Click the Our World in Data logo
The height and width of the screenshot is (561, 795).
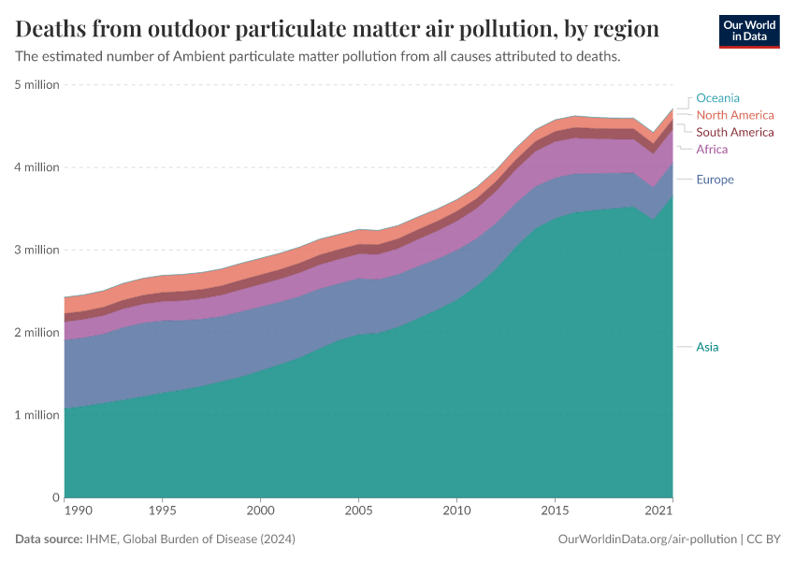[748, 31]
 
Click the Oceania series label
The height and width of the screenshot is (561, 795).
[717, 98]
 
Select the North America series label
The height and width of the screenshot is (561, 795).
[734, 115]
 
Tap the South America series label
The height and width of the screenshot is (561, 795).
[734, 132]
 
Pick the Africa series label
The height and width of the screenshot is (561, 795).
[711, 150]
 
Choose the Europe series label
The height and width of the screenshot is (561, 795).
[715, 180]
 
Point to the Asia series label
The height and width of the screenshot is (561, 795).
[707, 347]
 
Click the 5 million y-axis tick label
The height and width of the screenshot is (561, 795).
[37, 85]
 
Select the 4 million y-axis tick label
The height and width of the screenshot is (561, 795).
[37, 167]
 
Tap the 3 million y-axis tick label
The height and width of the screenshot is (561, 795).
[37, 250]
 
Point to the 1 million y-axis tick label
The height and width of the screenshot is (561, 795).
[37, 415]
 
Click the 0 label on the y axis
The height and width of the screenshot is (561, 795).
[55, 497]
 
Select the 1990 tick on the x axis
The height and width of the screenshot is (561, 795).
[78, 512]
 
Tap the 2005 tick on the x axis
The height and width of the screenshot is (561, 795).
[358, 512]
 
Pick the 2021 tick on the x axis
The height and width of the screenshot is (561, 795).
[660, 512]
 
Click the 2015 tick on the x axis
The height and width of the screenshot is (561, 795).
[555, 512]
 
